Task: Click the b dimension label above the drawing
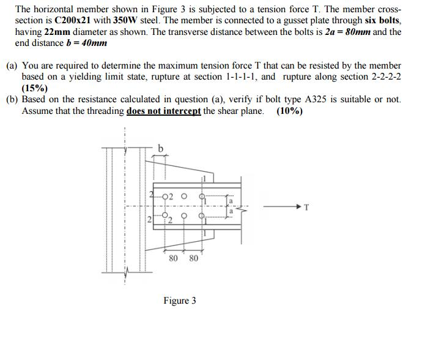click(160, 148)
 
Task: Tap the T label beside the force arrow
click(306, 207)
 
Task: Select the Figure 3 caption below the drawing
click(179, 301)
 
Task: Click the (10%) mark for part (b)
click(289, 111)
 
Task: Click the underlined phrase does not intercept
click(163, 111)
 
